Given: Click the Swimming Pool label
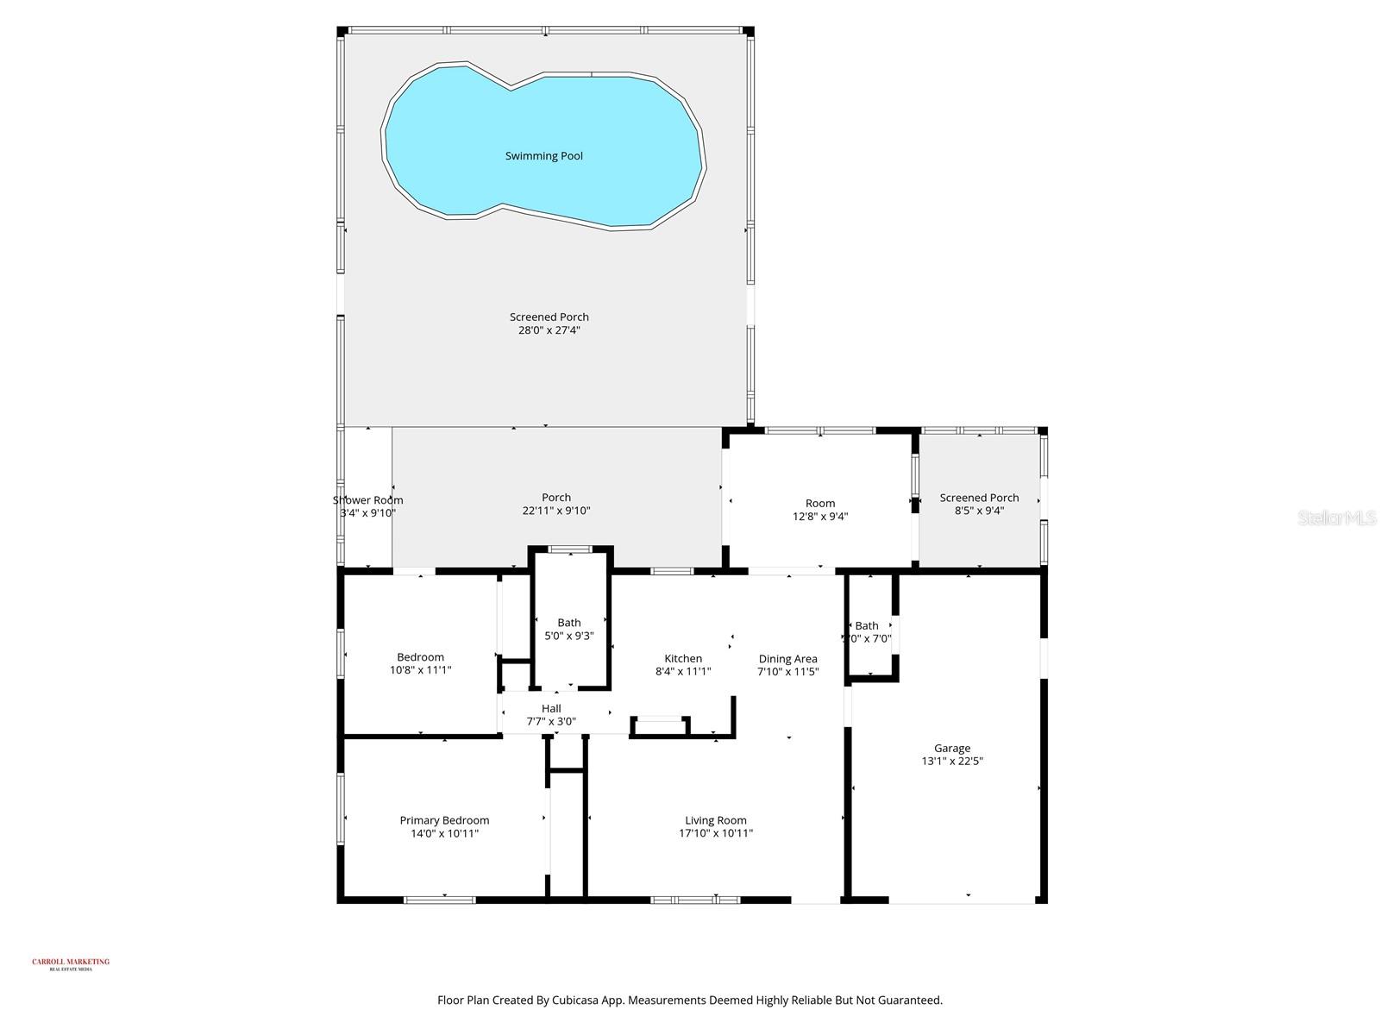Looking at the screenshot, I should coord(543,156).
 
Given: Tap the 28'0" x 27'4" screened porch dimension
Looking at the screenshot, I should coord(549,330).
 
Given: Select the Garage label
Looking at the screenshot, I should coord(952,748).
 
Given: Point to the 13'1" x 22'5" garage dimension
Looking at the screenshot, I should coord(952,762).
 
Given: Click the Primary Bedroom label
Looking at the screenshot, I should coord(444,820).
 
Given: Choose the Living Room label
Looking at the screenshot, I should coord(715,820).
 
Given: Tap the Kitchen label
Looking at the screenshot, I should coord(683,658).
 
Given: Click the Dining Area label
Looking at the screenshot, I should coord(787,659).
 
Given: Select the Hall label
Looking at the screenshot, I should coord(551,708).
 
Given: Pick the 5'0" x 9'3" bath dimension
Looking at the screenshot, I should coord(568,636).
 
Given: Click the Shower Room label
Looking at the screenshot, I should coord(368,500).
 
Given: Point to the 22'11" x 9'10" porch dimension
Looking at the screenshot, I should coord(556,511).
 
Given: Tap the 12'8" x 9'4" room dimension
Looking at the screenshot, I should coord(820,517).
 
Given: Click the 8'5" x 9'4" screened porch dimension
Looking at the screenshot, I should coord(979,511).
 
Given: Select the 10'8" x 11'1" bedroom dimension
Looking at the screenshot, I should coord(420,670).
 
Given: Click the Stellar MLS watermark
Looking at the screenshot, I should coord(1337,517).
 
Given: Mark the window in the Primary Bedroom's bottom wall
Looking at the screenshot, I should coord(440,900).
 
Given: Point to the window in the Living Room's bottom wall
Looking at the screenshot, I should coord(695,900).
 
